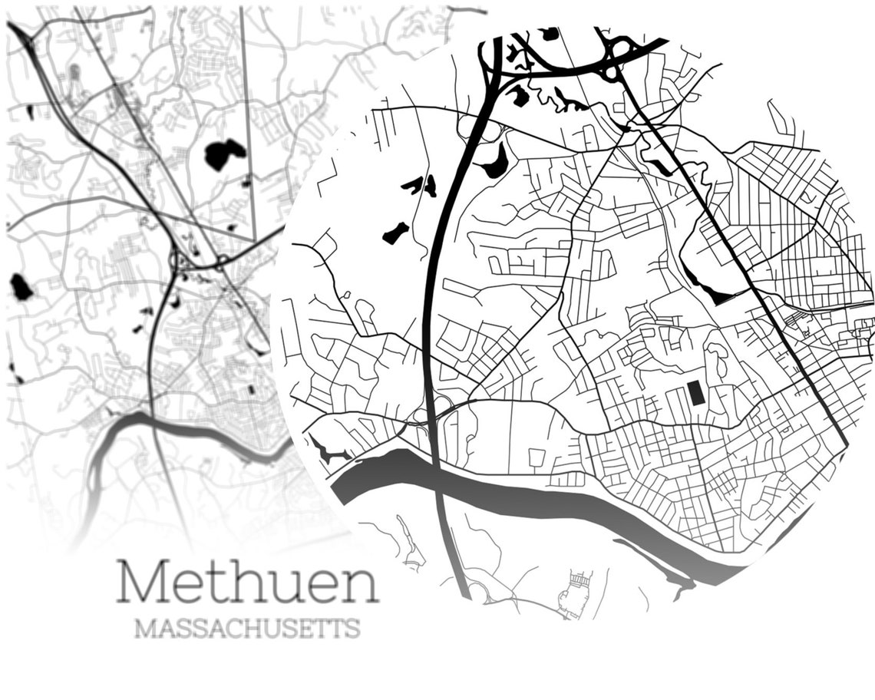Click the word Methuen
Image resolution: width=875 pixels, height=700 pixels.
click(247, 583)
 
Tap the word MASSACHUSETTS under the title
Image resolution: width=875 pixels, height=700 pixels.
click(246, 629)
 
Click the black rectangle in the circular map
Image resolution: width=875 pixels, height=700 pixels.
click(696, 393)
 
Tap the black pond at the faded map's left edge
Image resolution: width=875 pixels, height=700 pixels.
click(21, 286)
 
